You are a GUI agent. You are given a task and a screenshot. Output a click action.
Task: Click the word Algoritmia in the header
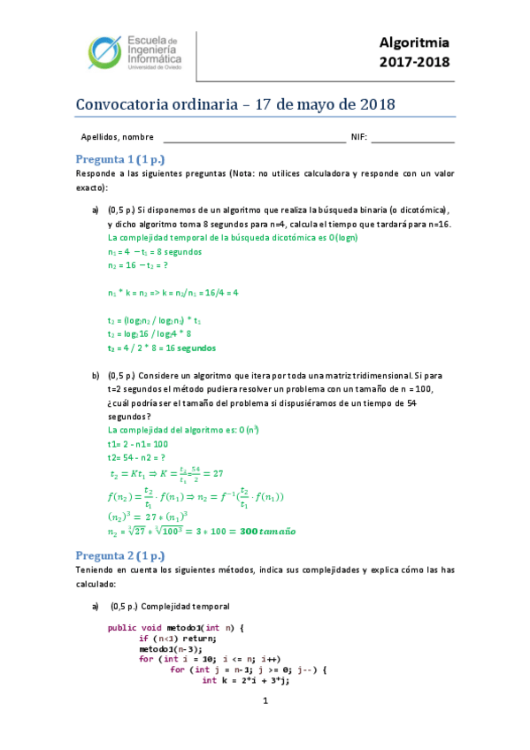pyautogui.click(x=414, y=43)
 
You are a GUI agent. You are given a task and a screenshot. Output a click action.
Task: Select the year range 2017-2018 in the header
pyautogui.click(x=414, y=63)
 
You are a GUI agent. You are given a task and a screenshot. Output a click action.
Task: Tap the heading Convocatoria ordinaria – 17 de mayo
pyautogui.click(x=235, y=103)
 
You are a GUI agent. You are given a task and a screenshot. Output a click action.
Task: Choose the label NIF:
pyautogui.click(x=358, y=137)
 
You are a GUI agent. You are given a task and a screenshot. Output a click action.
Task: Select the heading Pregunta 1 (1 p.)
pyautogui.click(x=120, y=159)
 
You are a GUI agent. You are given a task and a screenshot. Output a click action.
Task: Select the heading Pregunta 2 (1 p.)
pyautogui.click(x=120, y=555)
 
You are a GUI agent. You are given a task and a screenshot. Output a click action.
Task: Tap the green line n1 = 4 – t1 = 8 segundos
pyautogui.click(x=154, y=251)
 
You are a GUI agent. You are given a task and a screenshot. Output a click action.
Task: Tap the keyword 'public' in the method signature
pyautogui.click(x=122, y=627)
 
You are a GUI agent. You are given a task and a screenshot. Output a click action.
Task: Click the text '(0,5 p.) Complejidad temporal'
pyautogui.click(x=169, y=607)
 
